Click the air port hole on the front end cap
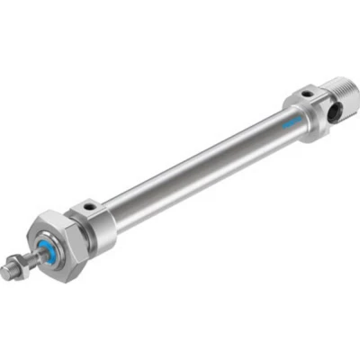89,207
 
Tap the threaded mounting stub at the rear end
337,94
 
